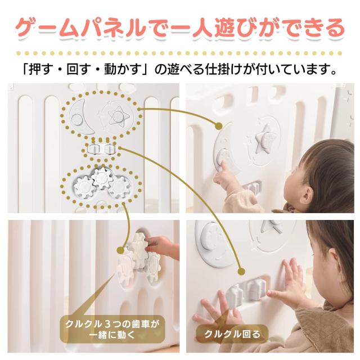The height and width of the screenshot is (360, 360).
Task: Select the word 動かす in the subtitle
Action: pyautogui.click(x=120, y=71)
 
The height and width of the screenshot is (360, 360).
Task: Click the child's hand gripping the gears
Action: pyautogui.click(x=161, y=245)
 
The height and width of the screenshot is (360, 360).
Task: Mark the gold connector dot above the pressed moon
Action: pyautogui.click(x=218, y=125)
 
